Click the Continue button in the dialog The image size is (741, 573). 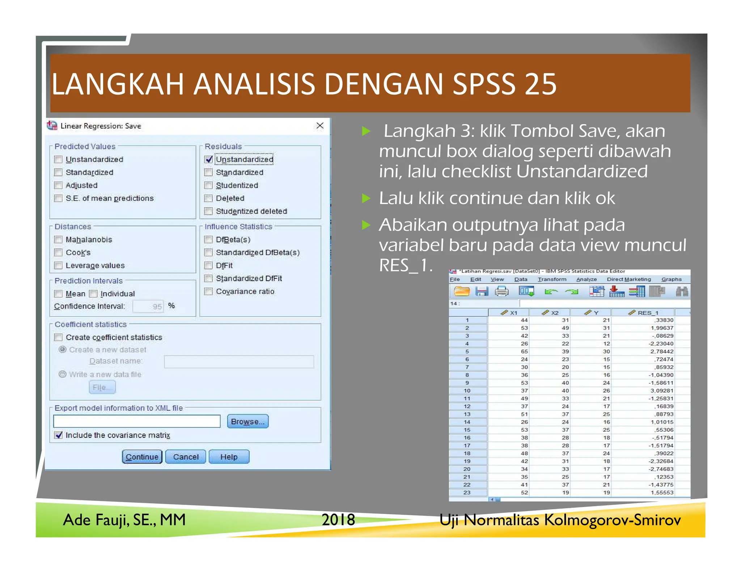tap(142, 457)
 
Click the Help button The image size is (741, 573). tap(229, 457)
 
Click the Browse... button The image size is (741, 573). tap(247, 421)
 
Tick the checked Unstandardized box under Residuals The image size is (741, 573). tap(208, 159)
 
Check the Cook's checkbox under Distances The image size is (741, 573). tap(58, 252)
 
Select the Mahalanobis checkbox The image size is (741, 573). tap(58, 239)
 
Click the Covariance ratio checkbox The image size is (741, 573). tap(208, 292)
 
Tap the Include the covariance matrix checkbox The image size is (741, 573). tap(58, 435)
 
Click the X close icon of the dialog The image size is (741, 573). tap(320, 126)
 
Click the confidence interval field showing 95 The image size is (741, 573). tap(148, 306)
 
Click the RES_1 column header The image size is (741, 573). tap(644, 313)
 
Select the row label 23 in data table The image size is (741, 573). tap(467, 493)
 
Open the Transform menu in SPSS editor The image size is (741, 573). tap(552, 279)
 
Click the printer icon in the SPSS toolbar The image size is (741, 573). tap(501, 291)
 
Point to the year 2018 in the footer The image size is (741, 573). tap(338, 520)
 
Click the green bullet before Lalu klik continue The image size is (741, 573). tap(367, 198)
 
